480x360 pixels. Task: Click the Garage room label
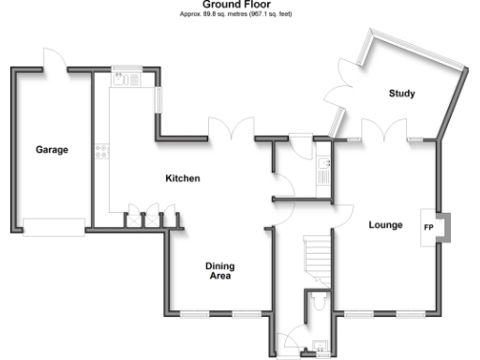tap(52, 149)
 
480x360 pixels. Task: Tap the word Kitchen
tap(183, 178)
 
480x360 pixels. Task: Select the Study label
tap(402, 93)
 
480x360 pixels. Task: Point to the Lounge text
tap(385, 225)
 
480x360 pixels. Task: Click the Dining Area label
tap(218, 271)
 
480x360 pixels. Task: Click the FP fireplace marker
tap(428, 228)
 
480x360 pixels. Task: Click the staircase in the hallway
tap(320, 254)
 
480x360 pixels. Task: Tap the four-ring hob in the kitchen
tap(100, 150)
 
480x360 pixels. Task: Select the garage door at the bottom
tap(52, 225)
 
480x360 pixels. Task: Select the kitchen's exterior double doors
tap(231, 131)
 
